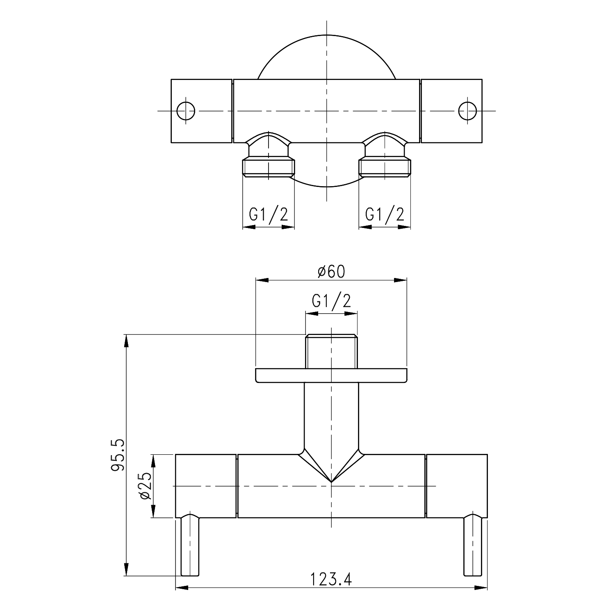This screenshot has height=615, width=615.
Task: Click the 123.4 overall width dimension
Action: pos(331,579)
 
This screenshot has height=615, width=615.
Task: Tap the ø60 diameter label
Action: pos(332,271)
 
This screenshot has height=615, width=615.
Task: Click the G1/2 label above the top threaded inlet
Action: pos(331,301)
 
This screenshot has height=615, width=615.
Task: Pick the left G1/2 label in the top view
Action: pos(269,214)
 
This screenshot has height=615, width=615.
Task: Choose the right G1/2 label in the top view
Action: pos(385,214)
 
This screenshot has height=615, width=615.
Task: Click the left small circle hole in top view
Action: pos(186,110)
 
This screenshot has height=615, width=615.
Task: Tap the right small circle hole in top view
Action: pos(467,110)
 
